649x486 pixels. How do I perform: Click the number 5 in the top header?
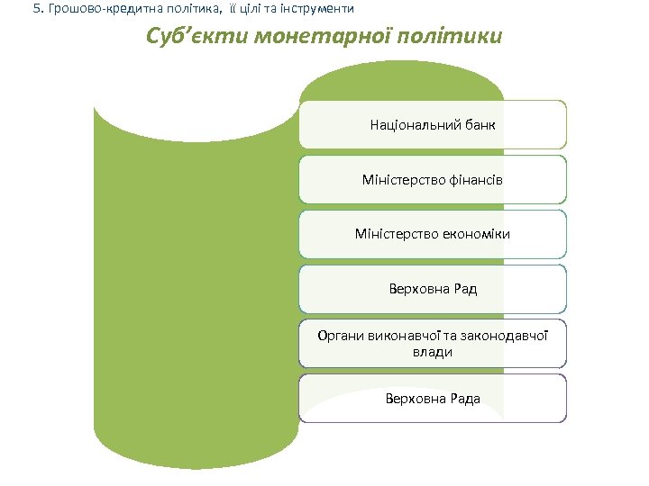(x=35, y=8)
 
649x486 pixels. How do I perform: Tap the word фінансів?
(x=474, y=180)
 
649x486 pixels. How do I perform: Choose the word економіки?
(x=477, y=234)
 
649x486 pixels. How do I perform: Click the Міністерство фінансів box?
(x=433, y=180)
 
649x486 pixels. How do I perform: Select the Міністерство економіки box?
(x=433, y=234)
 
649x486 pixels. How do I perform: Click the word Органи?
(x=340, y=336)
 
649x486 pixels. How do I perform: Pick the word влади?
(x=433, y=352)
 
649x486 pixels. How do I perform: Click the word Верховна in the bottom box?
(x=414, y=398)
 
